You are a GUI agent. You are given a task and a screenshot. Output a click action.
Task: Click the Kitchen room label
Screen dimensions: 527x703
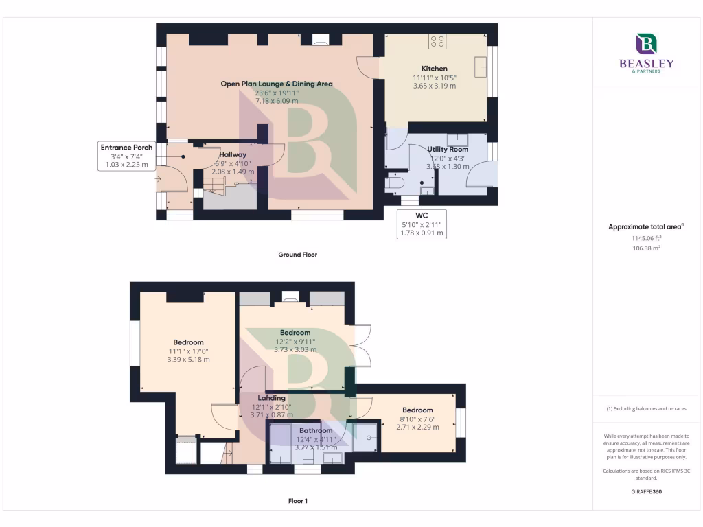click(x=434, y=69)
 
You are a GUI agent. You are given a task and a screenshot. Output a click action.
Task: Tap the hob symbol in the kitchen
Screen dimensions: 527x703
click(x=437, y=42)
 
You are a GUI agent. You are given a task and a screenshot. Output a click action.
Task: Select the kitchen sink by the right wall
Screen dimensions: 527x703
click(x=483, y=67)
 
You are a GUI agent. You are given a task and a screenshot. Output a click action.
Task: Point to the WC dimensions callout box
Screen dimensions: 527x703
click(x=422, y=224)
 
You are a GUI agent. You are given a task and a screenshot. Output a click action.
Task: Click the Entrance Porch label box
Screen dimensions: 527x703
click(x=127, y=156)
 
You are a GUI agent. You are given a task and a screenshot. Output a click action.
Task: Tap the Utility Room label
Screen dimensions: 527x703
click(x=448, y=149)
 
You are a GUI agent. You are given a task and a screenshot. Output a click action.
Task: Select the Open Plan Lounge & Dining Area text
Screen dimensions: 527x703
click(x=276, y=84)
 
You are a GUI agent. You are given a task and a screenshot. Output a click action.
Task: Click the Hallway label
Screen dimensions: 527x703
click(x=232, y=154)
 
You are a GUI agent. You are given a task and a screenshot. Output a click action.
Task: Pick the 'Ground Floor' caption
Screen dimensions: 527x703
click(x=297, y=255)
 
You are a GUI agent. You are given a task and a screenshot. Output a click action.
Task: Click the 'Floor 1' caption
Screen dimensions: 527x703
click(x=297, y=501)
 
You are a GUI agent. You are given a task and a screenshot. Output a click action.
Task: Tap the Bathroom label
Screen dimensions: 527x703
click(x=316, y=430)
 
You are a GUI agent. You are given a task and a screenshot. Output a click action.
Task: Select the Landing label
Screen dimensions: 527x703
click(x=271, y=397)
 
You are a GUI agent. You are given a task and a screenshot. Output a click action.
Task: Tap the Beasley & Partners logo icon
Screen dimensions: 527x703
click(x=645, y=44)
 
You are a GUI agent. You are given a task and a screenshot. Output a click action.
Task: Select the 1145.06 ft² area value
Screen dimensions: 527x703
click(x=646, y=238)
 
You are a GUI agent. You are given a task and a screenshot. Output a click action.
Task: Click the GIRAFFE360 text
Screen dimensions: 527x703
click(x=645, y=491)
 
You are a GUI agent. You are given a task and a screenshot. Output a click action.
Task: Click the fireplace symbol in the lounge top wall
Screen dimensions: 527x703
click(x=320, y=40)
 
